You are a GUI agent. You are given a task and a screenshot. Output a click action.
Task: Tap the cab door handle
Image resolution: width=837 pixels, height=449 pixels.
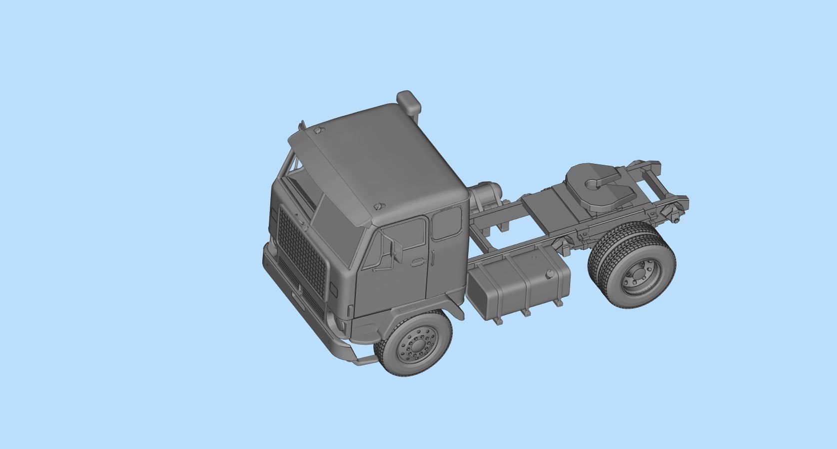[417, 261]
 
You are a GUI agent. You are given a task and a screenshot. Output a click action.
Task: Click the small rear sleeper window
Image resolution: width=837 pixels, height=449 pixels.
[446, 223]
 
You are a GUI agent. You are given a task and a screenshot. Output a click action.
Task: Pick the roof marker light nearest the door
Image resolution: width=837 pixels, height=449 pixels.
[378, 206]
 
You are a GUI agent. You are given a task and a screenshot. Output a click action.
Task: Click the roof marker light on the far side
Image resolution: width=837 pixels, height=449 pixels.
[318, 130]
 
